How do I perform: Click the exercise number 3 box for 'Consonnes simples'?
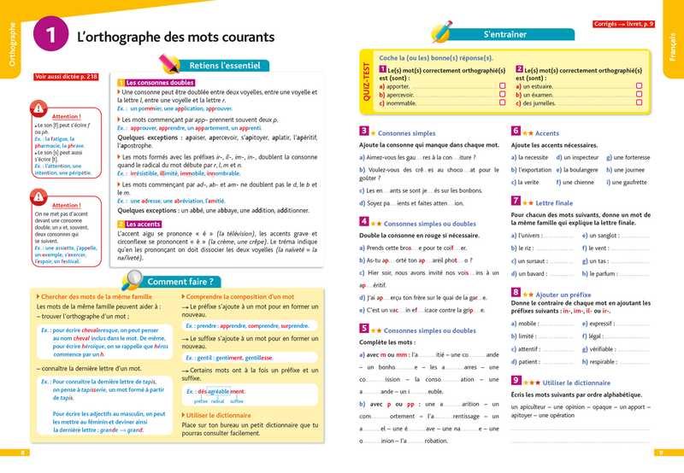pos(363,132)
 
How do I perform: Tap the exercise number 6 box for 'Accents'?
pos(516,132)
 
